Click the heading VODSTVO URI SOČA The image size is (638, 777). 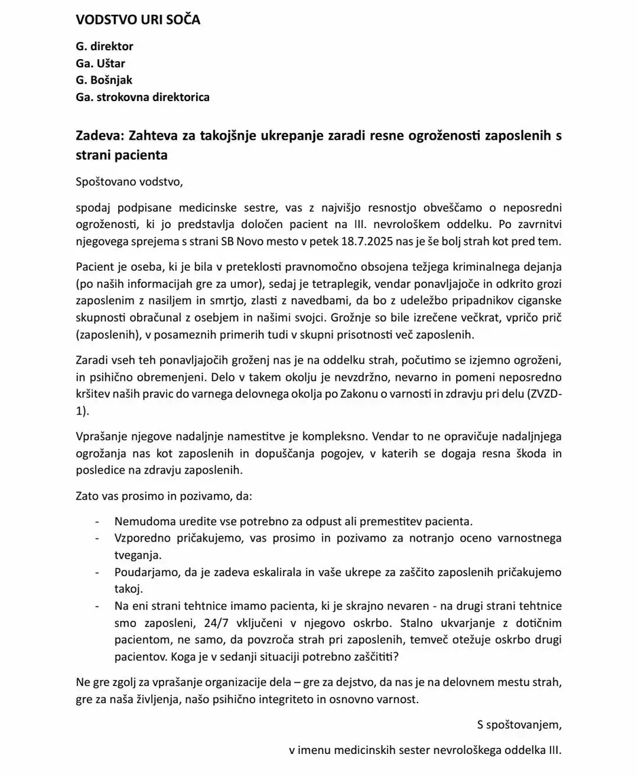(x=138, y=20)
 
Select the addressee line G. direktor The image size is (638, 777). (x=105, y=47)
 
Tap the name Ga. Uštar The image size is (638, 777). (x=100, y=64)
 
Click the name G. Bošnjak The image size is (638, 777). (x=104, y=80)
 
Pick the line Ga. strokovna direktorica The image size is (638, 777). (x=143, y=97)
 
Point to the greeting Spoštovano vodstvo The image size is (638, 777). (x=130, y=181)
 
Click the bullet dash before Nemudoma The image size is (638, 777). (x=98, y=522)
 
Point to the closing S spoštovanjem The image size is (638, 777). (x=519, y=725)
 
